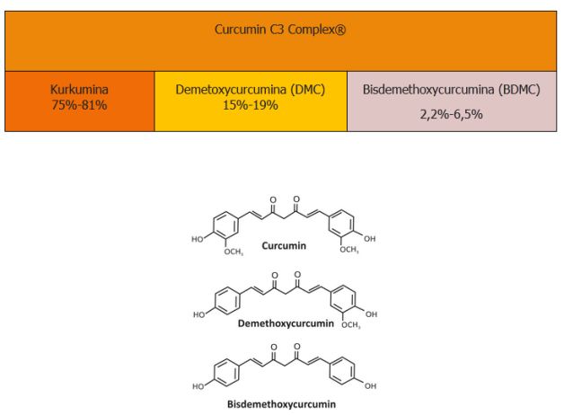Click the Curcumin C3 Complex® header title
point(280,30)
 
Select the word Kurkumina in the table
point(79,89)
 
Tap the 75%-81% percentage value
point(79,105)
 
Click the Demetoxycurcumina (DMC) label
point(251,90)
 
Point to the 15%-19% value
point(251,105)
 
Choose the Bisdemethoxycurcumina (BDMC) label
point(452,90)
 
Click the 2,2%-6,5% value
point(452,114)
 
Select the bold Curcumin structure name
point(284,245)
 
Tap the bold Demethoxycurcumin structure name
point(286,323)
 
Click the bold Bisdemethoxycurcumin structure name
point(281,404)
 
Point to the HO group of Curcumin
point(198,239)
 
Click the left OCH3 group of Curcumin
point(234,252)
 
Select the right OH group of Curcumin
point(369,238)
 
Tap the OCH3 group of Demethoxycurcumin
point(350,325)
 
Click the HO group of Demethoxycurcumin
point(199,314)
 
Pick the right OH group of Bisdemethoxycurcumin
point(370,386)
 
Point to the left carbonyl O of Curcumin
point(273,200)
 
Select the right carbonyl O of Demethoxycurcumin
point(297,275)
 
